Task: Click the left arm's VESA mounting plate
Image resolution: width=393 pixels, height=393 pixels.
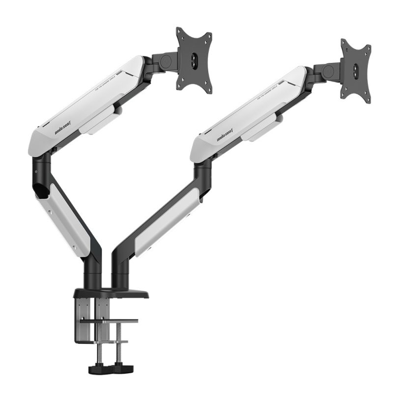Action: pos(195,59)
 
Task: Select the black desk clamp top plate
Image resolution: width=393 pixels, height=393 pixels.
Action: pos(111,294)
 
